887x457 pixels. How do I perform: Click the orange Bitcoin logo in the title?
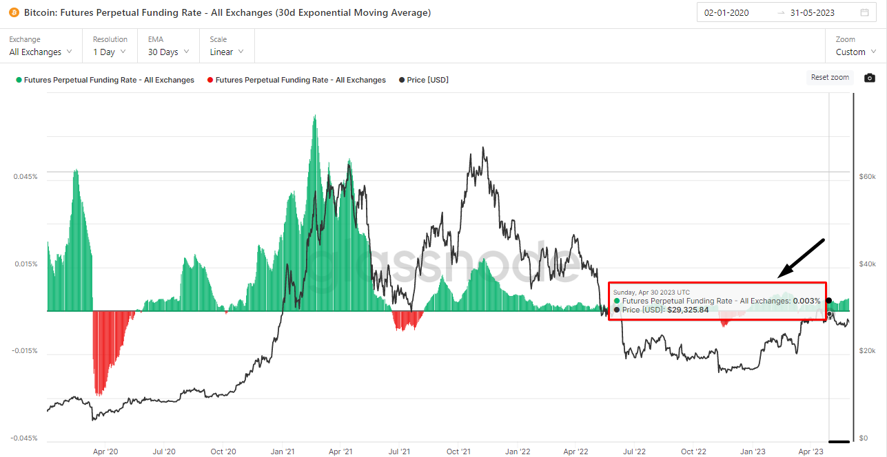tap(14, 12)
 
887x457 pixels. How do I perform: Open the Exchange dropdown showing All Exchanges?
tap(41, 52)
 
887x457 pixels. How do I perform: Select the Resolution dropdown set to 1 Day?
tap(110, 52)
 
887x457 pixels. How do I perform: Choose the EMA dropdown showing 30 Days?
tap(168, 52)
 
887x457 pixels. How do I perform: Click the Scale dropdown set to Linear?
tap(227, 52)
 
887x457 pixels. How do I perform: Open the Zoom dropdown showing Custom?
tap(855, 52)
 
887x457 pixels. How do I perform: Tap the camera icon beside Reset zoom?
tap(870, 78)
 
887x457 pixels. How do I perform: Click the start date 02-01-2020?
tap(726, 12)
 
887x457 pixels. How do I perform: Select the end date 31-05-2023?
tap(814, 12)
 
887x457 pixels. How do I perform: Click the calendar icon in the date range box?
tap(864, 12)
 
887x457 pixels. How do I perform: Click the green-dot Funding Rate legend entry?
tap(105, 80)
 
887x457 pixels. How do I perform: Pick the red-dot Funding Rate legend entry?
tap(296, 80)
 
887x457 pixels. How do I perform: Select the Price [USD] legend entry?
tap(424, 80)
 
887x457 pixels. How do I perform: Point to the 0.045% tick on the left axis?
tap(26, 176)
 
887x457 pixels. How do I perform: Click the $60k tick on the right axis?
tap(867, 176)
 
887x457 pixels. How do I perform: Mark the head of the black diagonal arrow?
tap(779, 277)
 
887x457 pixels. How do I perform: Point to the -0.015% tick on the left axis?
tap(25, 351)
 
